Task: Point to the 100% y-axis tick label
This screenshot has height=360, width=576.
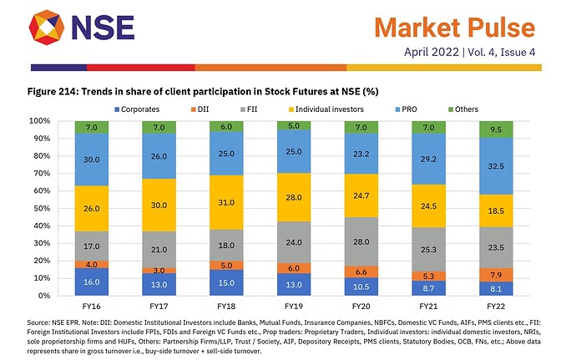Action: pos(43,120)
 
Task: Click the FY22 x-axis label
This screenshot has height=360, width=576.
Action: pos(495,306)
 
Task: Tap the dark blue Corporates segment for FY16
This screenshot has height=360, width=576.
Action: pos(92,281)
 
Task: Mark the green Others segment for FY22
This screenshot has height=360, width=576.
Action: pos(495,129)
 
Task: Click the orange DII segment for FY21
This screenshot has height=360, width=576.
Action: pos(428,276)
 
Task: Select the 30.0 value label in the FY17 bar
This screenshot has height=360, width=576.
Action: pos(159,205)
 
